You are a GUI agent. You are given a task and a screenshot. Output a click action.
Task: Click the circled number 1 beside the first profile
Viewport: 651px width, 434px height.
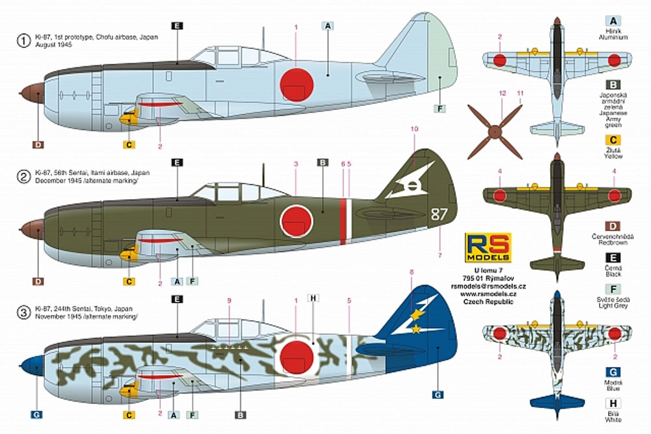pyautogui.click(x=23, y=40)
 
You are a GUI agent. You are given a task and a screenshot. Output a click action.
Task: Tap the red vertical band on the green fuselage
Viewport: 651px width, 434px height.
pyautogui.click(x=342, y=221)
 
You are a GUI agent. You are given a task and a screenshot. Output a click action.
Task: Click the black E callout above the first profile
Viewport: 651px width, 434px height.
pyautogui.click(x=178, y=26)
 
